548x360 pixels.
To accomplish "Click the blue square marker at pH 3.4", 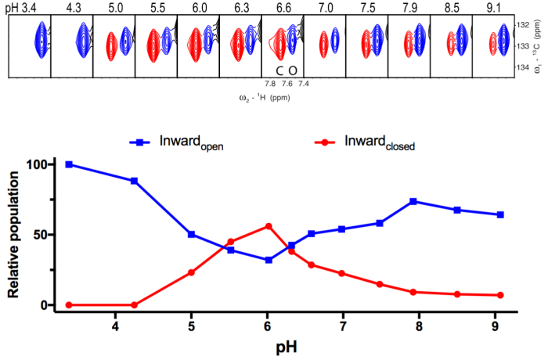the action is [x=69, y=164].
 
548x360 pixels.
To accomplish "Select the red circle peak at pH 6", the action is [x=269, y=226].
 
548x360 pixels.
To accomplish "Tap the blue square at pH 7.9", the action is [x=413, y=201].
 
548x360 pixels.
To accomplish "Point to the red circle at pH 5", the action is [x=191, y=272].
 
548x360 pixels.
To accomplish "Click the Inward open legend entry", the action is [x=176, y=142].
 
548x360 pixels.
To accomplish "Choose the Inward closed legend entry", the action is [x=365, y=142].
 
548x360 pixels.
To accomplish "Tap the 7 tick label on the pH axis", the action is [x=343, y=326].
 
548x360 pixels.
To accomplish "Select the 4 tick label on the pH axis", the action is [x=115, y=326].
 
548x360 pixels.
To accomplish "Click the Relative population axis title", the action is [x=13, y=235].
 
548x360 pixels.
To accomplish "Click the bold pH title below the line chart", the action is [x=287, y=347].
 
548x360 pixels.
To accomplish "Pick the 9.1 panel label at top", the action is [x=493, y=8].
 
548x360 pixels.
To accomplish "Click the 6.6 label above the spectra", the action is [x=283, y=8].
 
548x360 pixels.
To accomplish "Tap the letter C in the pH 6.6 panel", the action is [x=279, y=71].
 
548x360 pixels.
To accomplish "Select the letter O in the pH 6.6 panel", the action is [x=293, y=71].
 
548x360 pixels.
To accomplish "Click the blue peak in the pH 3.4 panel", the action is [x=41, y=40].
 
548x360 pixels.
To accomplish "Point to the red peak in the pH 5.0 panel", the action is [x=111, y=46].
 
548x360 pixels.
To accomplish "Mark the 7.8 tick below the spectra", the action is [x=270, y=84].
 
